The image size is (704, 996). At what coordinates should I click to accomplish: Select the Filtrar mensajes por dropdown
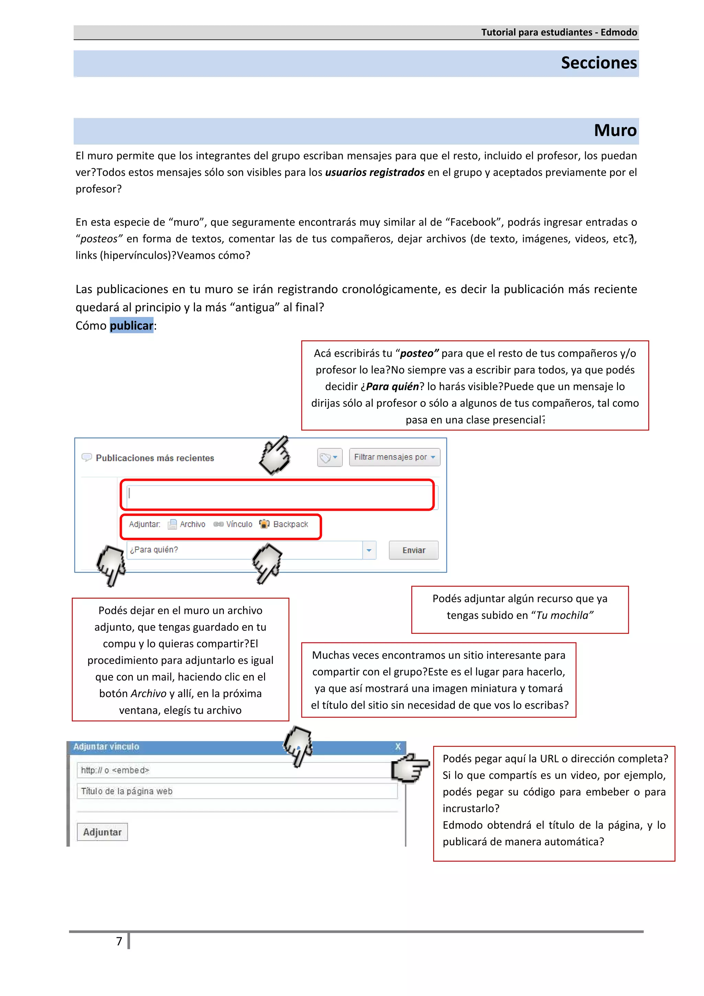coord(394,457)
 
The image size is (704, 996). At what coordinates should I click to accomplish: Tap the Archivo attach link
coord(187,524)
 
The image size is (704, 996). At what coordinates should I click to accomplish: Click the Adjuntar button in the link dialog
coord(102,832)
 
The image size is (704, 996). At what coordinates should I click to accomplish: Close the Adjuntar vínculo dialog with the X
coord(397,746)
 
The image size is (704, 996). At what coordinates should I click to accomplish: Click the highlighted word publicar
coord(131,325)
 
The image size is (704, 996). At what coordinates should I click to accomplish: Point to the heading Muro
coord(615,131)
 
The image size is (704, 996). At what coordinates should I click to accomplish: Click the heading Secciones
coord(598,63)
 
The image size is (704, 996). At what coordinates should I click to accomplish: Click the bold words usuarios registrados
coord(375,173)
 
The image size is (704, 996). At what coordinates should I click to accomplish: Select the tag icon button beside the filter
coord(329,457)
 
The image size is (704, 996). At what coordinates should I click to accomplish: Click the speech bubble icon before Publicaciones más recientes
coord(87,457)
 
